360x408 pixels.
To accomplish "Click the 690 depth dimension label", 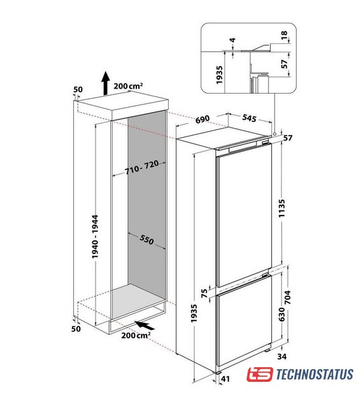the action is point(203,119).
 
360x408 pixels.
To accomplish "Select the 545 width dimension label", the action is point(249,118).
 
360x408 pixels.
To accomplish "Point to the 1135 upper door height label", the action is point(282,208).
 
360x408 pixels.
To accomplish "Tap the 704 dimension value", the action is point(287,297).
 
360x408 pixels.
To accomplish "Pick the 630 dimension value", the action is point(282,314).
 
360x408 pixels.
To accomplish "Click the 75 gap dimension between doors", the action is point(205,293).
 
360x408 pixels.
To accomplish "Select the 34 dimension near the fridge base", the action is point(282,356).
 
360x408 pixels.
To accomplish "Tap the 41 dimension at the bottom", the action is point(226,379).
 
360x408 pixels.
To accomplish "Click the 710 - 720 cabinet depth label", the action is point(141,167).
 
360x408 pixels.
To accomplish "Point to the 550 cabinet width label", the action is point(147,240).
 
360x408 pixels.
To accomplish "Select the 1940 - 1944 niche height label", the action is point(95,237).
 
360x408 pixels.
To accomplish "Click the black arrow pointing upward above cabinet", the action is point(105,83).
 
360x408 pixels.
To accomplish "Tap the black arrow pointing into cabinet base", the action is point(145,325).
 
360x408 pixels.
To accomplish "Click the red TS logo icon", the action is point(260,374).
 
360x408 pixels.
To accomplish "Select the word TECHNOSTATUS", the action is point(315,374).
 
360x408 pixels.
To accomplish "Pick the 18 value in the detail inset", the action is point(284,35).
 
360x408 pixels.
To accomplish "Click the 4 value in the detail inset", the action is point(233,40).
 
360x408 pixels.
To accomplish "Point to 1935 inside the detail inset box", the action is point(219,75).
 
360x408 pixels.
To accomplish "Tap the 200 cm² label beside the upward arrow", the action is point(128,86).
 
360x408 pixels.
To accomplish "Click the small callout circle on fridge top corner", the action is point(275,134).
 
